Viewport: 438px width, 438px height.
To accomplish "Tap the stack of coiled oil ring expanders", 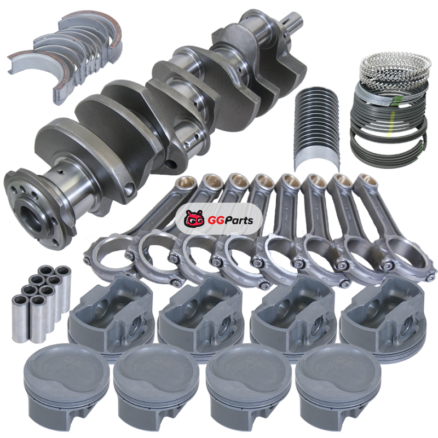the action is pyautogui.click(x=394, y=68).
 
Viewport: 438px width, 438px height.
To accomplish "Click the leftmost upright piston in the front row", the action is pyautogui.click(x=67, y=387).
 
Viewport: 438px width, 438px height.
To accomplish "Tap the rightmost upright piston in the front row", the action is pyautogui.click(x=338, y=387).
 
